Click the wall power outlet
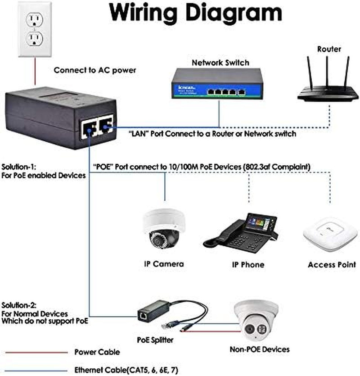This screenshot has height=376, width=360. tap(35, 29)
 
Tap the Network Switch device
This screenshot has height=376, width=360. tap(217, 83)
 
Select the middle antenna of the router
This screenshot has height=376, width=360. tap(327, 72)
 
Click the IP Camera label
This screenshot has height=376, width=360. tap(164, 264)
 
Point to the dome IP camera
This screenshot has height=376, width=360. tap(164, 228)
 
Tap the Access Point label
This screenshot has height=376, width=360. tap(332, 265)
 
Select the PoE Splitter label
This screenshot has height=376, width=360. tap(155, 340)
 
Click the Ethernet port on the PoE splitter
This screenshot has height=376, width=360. tap(143, 315)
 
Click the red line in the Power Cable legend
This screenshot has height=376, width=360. tap(36, 352)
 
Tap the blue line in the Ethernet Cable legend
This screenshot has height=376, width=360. tap(36, 371)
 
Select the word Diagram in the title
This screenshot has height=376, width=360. tap(234, 14)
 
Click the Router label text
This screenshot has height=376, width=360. tap(329, 49)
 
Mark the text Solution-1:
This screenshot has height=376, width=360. tap(19, 167)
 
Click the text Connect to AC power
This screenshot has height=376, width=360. tap(95, 70)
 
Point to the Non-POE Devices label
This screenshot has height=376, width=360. tap(260, 349)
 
